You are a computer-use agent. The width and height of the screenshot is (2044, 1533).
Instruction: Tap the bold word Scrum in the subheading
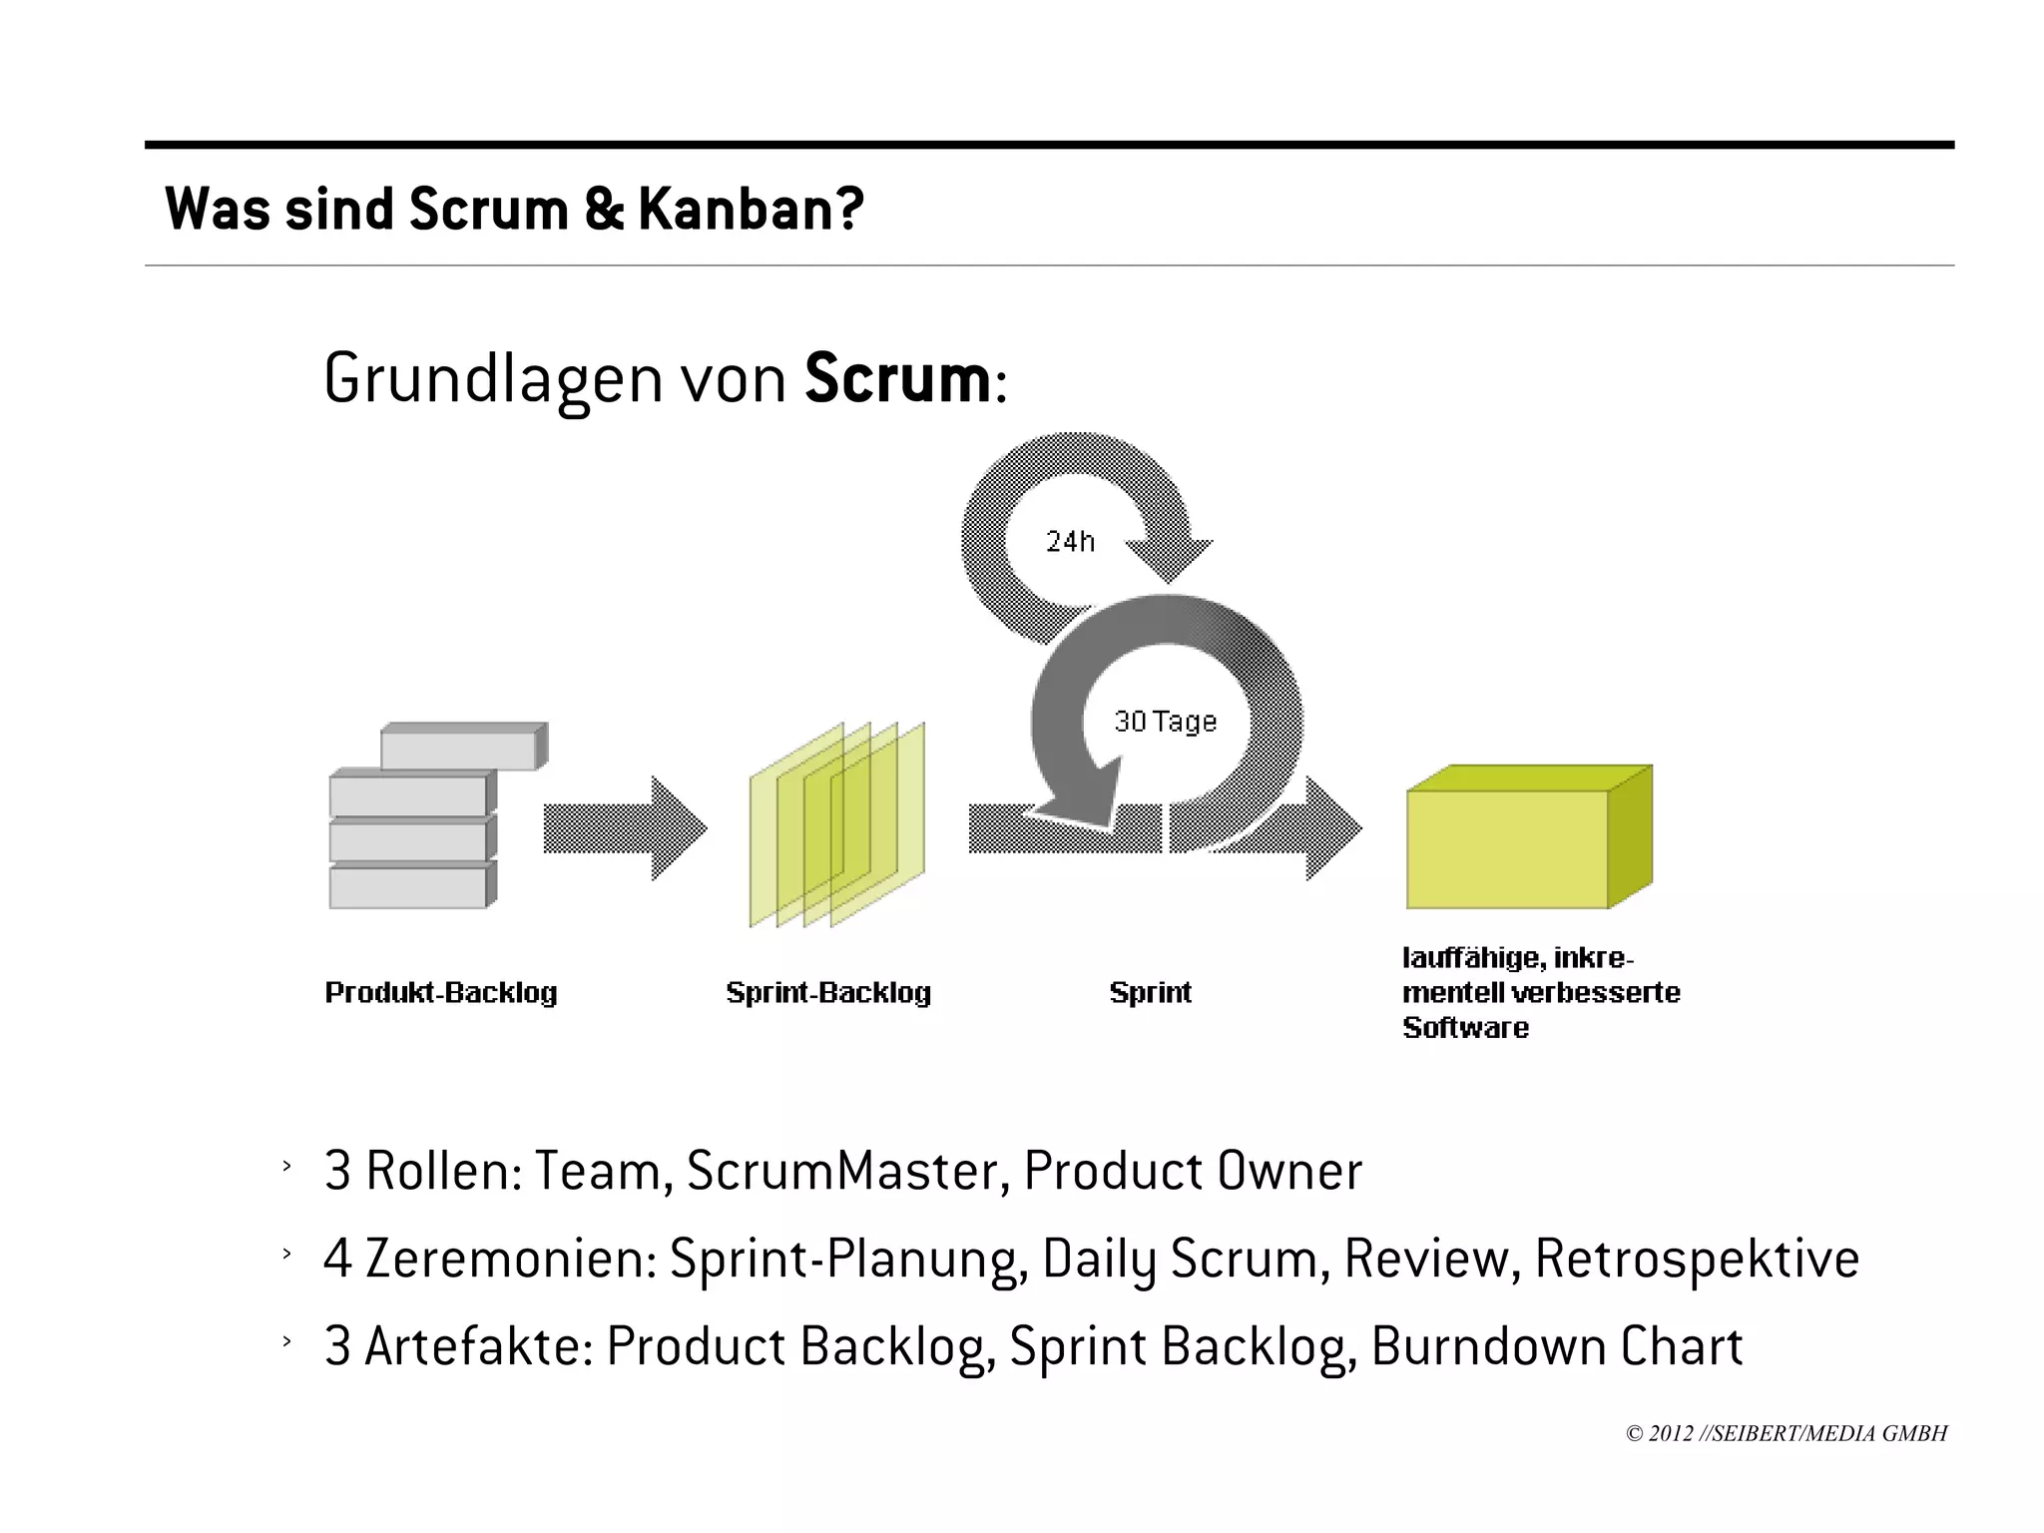(897, 379)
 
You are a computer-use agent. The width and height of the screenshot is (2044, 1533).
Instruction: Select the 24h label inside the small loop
(1070, 541)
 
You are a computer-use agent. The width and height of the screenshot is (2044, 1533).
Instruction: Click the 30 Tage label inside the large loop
(1165, 721)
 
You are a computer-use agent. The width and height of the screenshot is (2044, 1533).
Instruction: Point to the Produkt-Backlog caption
(441, 992)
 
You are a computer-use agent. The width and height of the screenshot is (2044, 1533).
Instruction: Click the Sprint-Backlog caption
(828, 992)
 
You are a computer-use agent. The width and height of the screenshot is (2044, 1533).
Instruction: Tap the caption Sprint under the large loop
(1150, 992)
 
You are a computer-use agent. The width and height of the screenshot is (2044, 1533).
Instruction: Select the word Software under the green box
(1464, 1027)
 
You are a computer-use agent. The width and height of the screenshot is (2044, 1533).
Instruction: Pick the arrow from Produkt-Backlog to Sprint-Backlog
(624, 828)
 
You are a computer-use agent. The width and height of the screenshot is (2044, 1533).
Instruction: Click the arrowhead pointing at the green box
(1332, 828)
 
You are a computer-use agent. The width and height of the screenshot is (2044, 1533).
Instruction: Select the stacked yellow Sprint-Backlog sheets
(836, 824)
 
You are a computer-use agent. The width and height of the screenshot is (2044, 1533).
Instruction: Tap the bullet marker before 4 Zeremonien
(286, 1254)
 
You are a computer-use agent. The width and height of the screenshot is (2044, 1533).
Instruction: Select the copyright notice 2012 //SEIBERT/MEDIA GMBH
(1786, 1433)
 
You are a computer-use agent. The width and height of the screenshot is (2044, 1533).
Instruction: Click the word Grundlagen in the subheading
(492, 379)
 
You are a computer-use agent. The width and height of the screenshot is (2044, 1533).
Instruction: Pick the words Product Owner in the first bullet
(1193, 1171)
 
